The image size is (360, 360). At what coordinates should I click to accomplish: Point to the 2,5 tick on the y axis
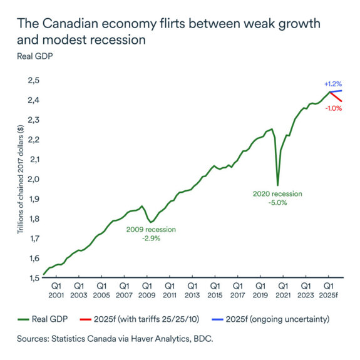click(x=32, y=81)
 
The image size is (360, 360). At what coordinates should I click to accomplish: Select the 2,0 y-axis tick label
click(x=32, y=179)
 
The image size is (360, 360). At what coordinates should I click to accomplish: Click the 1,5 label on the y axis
click(x=32, y=277)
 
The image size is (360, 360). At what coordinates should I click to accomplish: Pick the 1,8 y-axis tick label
click(x=32, y=219)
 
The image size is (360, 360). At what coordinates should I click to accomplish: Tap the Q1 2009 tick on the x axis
click(x=146, y=290)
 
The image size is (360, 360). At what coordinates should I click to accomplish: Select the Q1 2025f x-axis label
click(x=329, y=290)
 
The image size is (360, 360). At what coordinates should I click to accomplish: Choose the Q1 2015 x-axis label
click(x=214, y=290)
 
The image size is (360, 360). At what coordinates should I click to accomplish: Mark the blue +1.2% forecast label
click(x=332, y=84)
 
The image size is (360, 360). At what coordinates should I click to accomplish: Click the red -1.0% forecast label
click(x=333, y=108)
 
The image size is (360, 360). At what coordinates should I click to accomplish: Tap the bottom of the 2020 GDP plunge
click(x=277, y=167)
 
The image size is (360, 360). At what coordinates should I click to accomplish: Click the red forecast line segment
click(x=335, y=97)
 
